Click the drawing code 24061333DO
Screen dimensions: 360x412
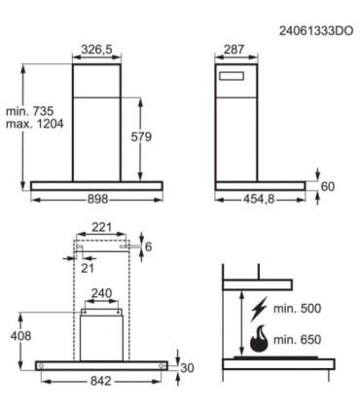(x=316, y=31)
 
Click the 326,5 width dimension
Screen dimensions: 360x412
(x=96, y=50)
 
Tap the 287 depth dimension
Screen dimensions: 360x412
(x=234, y=50)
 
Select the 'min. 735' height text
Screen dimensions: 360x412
(x=29, y=111)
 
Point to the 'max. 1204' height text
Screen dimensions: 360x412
(x=35, y=124)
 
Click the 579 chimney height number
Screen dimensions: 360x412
(x=141, y=136)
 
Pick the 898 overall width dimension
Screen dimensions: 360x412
(x=97, y=199)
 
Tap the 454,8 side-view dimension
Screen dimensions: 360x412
(x=259, y=199)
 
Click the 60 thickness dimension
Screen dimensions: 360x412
(x=328, y=187)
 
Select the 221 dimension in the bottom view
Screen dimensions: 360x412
(x=101, y=227)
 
